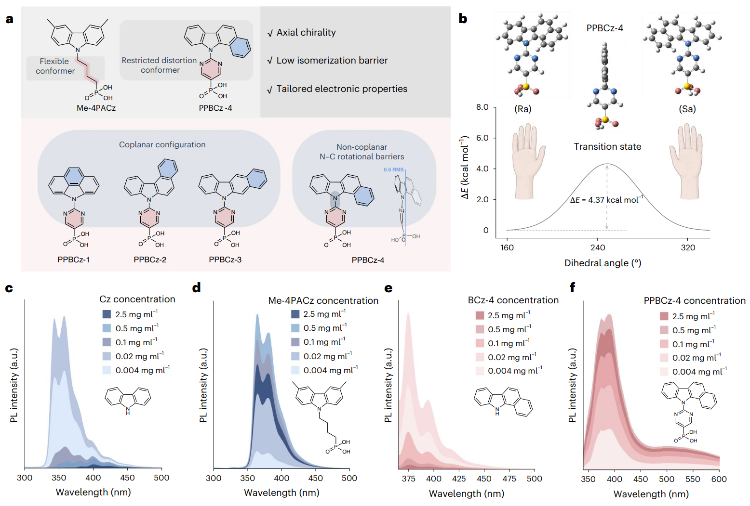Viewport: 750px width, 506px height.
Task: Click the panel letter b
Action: click(463, 19)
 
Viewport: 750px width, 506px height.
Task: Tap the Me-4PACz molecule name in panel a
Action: click(96, 108)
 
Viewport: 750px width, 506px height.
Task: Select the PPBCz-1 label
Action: click(73, 259)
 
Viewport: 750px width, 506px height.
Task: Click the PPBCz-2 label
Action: click(150, 259)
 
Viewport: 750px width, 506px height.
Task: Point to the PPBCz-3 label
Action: click(225, 259)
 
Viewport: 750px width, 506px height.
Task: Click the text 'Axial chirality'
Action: click(306, 33)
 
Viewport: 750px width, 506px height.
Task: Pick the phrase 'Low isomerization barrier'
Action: click(332, 61)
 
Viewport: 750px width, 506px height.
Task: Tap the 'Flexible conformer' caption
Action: click(55, 66)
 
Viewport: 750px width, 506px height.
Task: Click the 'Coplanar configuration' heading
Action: click(162, 144)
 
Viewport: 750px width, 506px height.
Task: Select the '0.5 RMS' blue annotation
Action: click(393, 169)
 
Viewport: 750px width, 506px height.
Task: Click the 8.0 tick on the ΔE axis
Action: click(482, 107)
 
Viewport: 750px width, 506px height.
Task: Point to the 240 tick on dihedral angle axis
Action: click(598, 247)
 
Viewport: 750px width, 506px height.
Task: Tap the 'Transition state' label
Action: click(607, 146)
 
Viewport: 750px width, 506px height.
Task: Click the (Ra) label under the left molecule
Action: click(523, 109)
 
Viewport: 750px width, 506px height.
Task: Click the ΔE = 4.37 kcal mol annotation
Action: click(606, 200)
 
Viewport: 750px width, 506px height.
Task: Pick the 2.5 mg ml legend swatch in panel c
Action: click(107, 314)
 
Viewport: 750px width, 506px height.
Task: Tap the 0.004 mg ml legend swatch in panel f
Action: click(664, 372)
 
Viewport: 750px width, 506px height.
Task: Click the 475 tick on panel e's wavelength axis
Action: click(509, 479)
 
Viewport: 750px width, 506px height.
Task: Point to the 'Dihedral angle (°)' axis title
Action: click(603, 263)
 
